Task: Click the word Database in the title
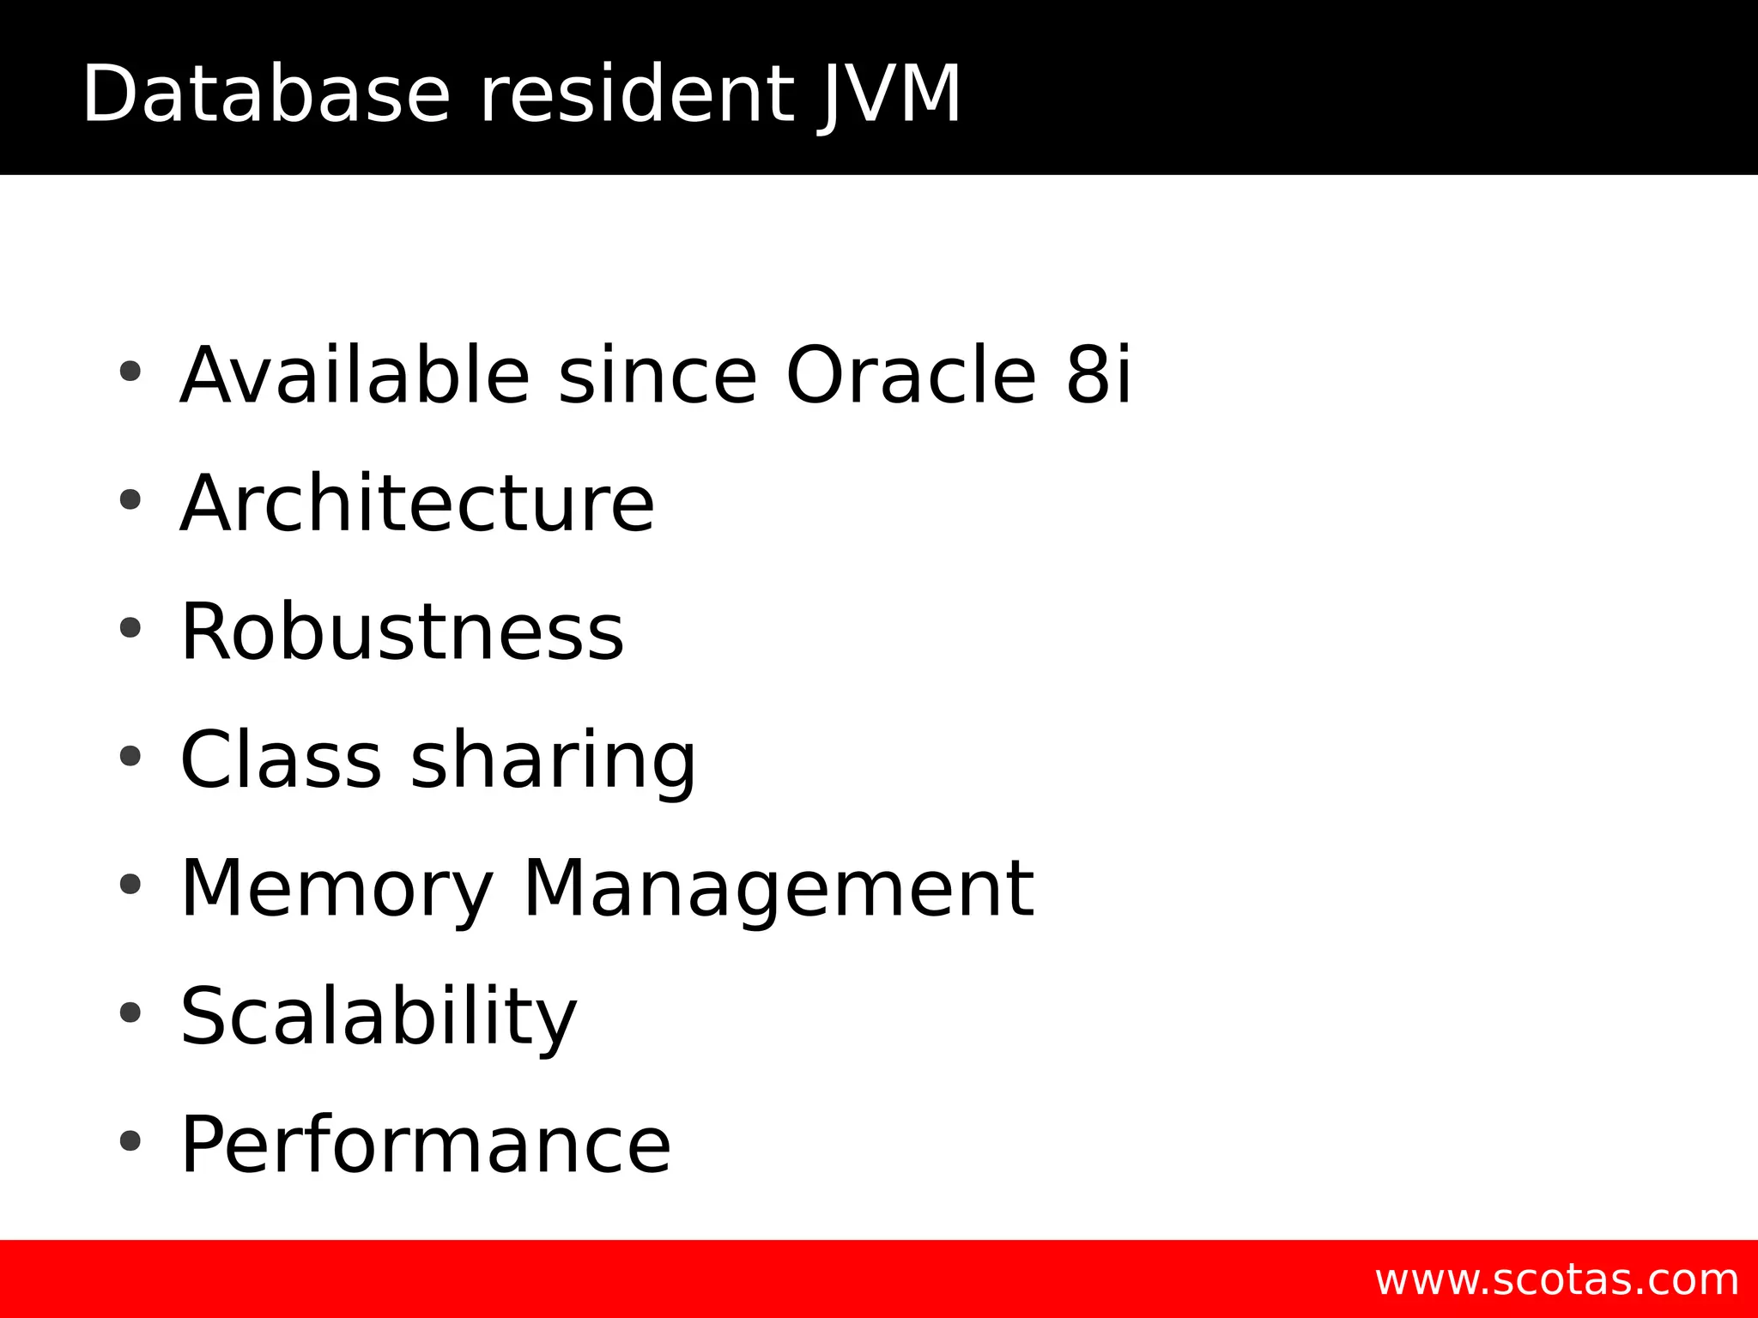click(x=266, y=94)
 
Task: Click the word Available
click(x=355, y=375)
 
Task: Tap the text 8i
click(x=1099, y=375)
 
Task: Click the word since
click(x=658, y=375)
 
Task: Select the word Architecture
click(x=417, y=504)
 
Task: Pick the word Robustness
click(x=402, y=632)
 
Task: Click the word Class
click(x=281, y=760)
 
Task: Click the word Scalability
click(x=379, y=1018)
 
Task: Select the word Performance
click(x=426, y=1146)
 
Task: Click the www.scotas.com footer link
click(x=1556, y=1280)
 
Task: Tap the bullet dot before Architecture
click(x=130, y=499)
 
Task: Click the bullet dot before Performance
click(x=130, y=1141)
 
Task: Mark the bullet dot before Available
click(x=130, y=372)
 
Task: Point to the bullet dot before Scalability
click(x=130, y=1013)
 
